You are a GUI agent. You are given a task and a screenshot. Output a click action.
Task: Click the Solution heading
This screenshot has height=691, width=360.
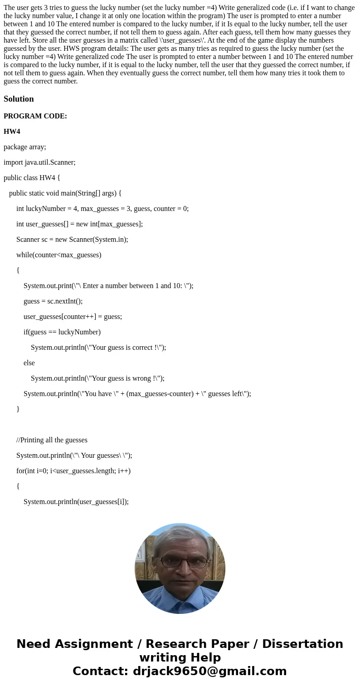(x=19, y=99)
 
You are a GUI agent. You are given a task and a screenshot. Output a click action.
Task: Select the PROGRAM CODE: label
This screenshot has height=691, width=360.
(x=35, y=116)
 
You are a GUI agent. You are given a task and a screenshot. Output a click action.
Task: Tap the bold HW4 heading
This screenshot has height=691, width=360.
(x=12, y=132)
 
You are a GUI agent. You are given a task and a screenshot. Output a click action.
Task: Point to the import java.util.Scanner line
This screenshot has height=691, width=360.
(x=39, y=162)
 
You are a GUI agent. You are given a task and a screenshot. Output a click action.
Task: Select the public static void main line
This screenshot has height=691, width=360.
(x=65, y=193)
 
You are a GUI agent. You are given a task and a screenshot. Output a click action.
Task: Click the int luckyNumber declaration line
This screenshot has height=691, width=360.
(x=102, y=209)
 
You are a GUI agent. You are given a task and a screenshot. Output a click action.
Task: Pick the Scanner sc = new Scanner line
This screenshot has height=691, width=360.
(x=72, y=240)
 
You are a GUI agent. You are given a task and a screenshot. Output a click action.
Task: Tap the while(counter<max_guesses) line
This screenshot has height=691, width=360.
(x=59, y=255)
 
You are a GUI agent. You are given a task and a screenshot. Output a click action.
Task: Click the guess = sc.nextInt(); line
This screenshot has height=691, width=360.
(x=53, y=301)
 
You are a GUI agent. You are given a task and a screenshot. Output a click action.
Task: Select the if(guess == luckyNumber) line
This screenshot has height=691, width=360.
(x=62, y=332)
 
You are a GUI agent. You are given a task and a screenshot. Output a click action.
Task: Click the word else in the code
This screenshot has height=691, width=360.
(x=29, y=363)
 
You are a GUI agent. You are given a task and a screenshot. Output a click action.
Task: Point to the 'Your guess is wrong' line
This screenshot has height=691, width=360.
(x=97, y=378)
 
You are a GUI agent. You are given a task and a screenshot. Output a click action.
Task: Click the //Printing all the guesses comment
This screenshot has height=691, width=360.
(x=52, y=440)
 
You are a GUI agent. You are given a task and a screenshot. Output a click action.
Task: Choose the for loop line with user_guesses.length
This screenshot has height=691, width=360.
(x=73, y=471)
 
